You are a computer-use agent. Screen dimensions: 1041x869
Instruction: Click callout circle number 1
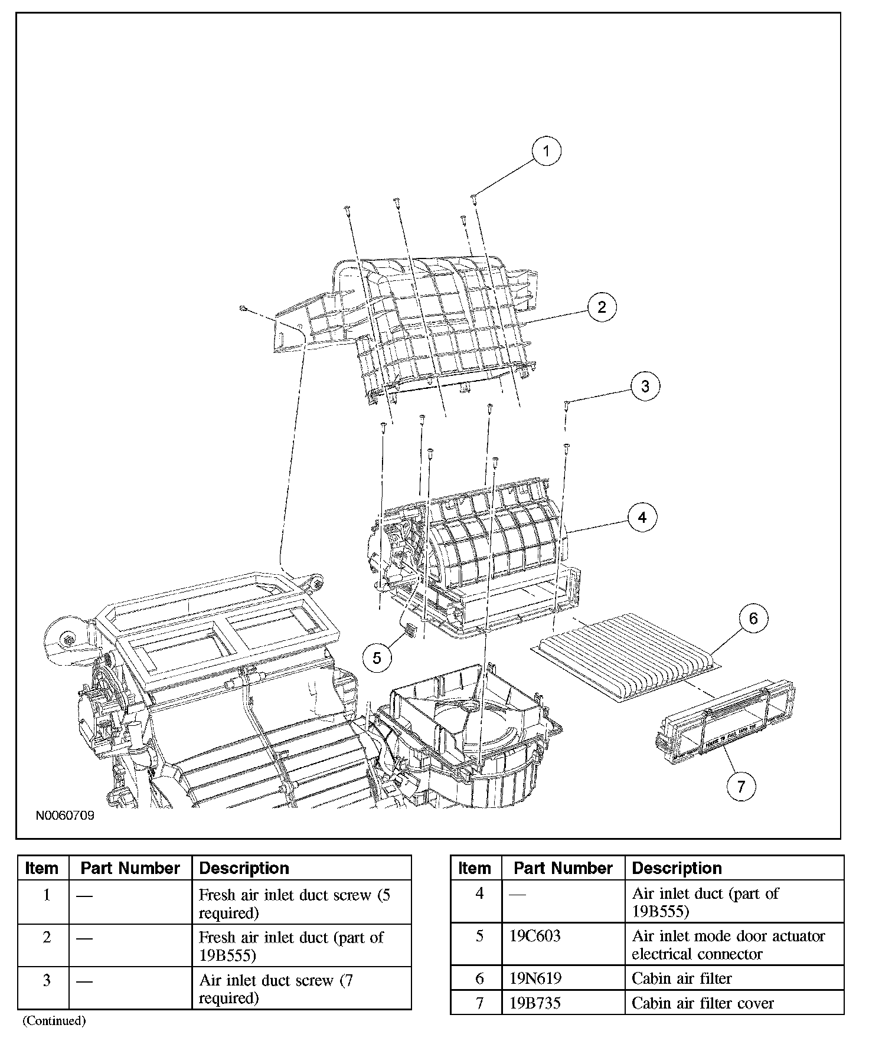click(546, 151)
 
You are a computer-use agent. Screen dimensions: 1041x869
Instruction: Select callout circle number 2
click(602, 307)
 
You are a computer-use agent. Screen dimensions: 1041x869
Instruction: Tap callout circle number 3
click(645, 386)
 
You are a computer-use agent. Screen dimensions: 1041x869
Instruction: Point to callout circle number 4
click(642, 518)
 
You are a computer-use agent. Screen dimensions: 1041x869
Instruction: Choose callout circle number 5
click(377, 657)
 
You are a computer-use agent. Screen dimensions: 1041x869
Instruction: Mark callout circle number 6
click(753, 618)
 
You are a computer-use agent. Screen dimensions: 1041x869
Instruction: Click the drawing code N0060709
click(65, 817)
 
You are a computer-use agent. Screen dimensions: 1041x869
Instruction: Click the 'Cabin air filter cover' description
click(703, 1003)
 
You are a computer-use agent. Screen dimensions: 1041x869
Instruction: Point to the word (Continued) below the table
click(54, 1020)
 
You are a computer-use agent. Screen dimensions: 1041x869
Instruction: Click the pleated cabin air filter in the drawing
click(628, 655)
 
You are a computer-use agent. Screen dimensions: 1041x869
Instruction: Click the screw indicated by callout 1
click(473, 196)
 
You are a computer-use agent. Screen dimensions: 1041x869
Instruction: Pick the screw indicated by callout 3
click(566, 403)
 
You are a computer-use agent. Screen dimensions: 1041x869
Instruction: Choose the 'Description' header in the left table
click(244, 869)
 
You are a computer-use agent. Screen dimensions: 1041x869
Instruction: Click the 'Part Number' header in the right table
click(563, 869)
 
